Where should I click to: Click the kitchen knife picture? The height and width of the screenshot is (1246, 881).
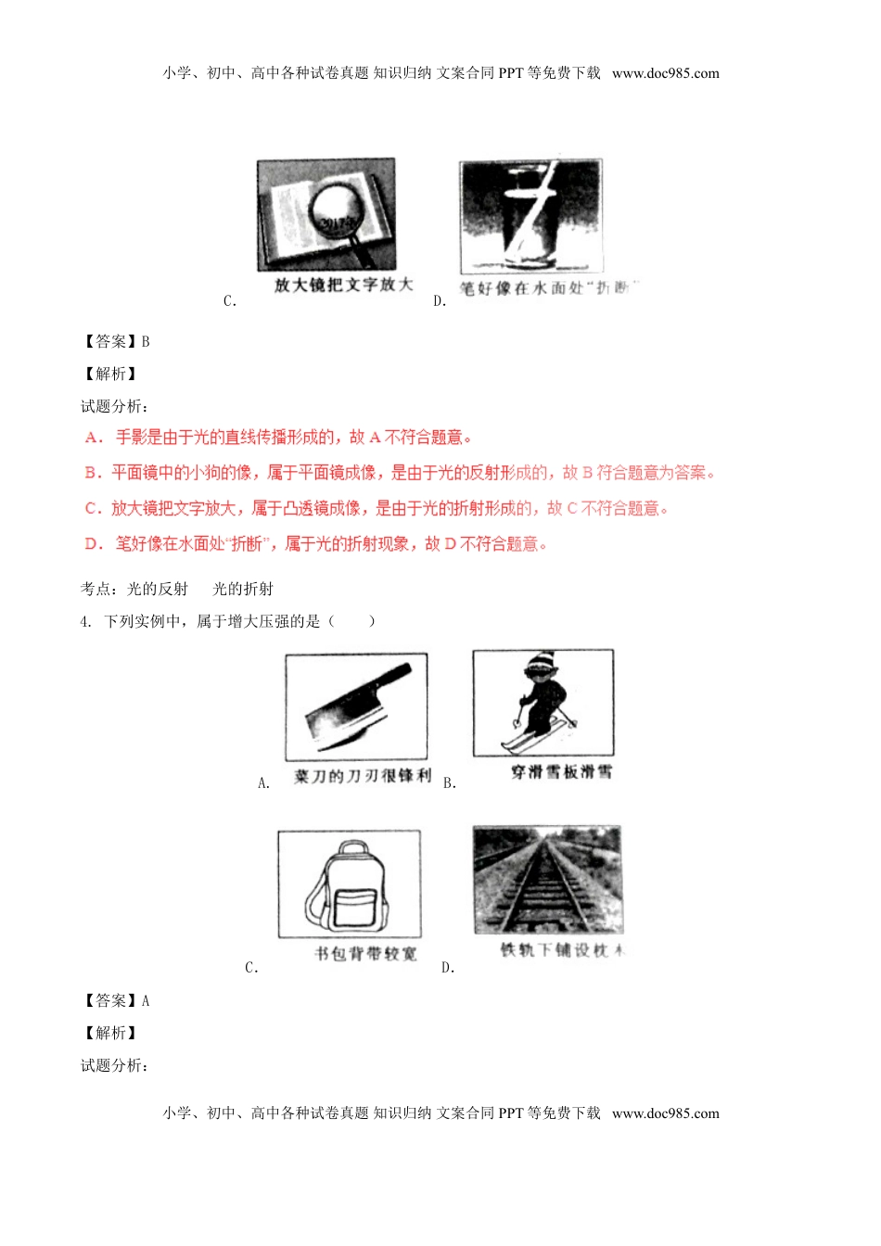tap(356, 707)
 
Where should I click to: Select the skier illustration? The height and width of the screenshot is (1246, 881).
tap(543, 703)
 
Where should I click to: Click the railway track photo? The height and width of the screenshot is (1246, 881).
tap(547, 880)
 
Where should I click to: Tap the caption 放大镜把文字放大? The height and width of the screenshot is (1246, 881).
tap(343, 285)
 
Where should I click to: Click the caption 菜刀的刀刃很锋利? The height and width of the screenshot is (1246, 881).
tap(362, 776)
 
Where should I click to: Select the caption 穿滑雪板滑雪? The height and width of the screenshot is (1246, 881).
tap(561, 771)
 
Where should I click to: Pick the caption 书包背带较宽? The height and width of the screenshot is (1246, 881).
tap(365, 953)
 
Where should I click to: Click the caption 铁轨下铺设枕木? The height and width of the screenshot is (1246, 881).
tap(562, 950)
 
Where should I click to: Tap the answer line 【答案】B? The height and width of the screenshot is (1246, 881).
tap(116, 341)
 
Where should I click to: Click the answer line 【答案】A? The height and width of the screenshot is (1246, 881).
tap(116, 1000)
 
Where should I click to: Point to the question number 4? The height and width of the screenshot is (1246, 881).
tap(86, 621)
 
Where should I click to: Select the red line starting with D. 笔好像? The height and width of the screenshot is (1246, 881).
tap(315, 544)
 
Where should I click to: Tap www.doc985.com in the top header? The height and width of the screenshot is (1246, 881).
tap(665, 73)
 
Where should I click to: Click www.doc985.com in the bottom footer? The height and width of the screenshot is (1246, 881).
tap(665, 1113)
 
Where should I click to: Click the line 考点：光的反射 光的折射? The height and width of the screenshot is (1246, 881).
tap(176, 589)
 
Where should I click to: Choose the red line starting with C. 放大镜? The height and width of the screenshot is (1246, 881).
tap(376, 508)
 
